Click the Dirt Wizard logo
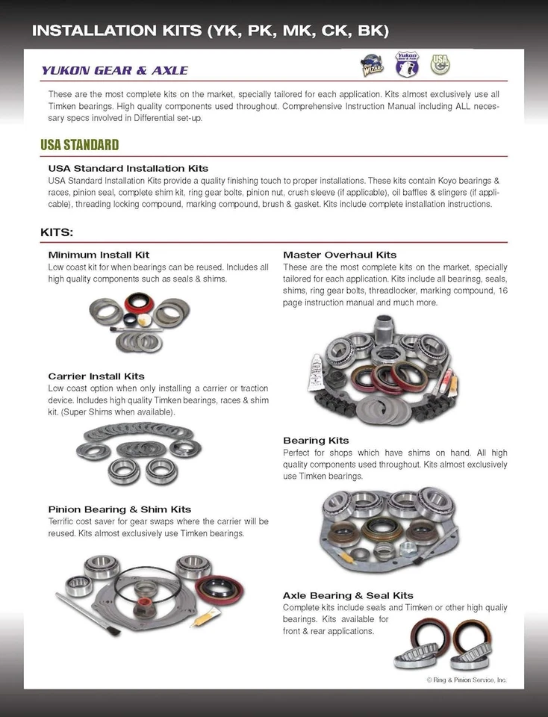click(373, 66)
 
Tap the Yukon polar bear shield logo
click(407, 65)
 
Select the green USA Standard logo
click(440, 64)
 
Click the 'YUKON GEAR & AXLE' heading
click(114, 71)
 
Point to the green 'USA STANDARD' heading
click(79, 145)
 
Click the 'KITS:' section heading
click(57, 232)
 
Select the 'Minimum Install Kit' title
click(99, 255)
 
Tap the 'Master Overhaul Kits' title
click(340, 255)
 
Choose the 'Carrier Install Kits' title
click(96, 376)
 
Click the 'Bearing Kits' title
click(316, 441)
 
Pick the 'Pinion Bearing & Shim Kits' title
click(119, 509)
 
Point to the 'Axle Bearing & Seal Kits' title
click(348, 595)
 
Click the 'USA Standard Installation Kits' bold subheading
click(128, 169)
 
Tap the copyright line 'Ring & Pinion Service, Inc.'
click(467, 680)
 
